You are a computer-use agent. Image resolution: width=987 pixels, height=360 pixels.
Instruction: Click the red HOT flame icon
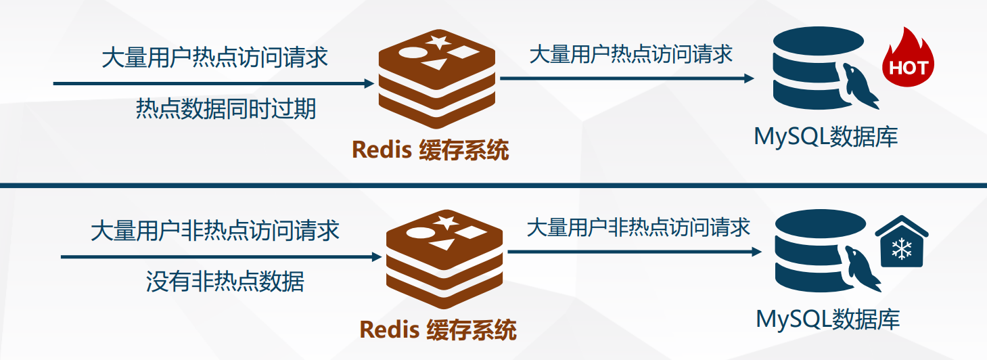907,62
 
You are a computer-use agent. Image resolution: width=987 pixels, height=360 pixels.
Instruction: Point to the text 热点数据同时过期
226,108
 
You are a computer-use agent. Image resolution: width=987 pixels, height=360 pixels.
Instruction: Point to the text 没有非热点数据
225,281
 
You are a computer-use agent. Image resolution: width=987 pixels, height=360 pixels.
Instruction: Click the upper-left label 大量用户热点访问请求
214,58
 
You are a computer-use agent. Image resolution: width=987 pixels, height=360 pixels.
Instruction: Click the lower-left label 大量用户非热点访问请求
215,231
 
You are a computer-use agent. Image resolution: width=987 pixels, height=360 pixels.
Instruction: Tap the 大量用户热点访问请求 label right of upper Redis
630,54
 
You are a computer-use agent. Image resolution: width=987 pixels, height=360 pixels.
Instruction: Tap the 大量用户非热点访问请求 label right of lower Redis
639,227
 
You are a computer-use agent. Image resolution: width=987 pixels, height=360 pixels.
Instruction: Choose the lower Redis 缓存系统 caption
438,330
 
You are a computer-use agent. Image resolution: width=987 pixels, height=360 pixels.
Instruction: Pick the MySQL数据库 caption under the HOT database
826,137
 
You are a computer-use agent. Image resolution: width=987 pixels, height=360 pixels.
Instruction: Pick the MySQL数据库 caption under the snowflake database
828,319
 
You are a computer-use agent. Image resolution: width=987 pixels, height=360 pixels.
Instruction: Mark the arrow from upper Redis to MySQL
626,78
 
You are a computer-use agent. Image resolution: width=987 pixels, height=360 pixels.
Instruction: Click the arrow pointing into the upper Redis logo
213,83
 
